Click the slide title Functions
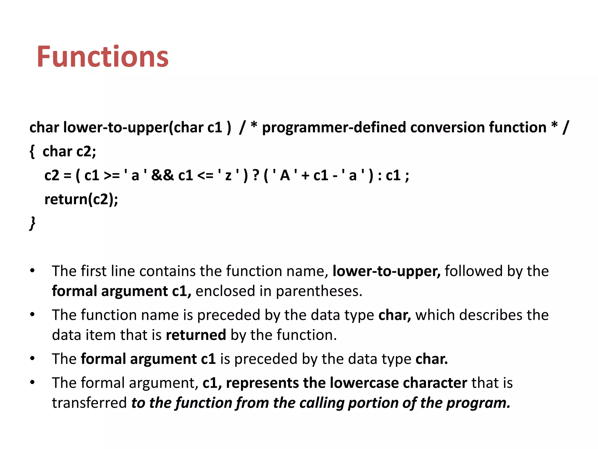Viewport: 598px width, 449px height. (x=102, y=57)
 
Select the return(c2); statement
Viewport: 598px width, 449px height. (x=81, y=199)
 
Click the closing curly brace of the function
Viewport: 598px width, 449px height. (x=32, y=223)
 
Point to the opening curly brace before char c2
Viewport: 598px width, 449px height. (x=32, y=152)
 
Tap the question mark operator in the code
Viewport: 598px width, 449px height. (x=256, y=175)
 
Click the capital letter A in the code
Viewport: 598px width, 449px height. (x=285, y=175)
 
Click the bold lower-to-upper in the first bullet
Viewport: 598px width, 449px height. (x=386, y=271)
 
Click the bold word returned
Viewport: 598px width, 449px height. (x=196, y=335)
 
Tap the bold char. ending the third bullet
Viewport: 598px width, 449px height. (x=431, y=359)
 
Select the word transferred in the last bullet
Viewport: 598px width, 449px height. (x=89, y=403)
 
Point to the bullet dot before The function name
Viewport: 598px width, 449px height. (x=32, y=315)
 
